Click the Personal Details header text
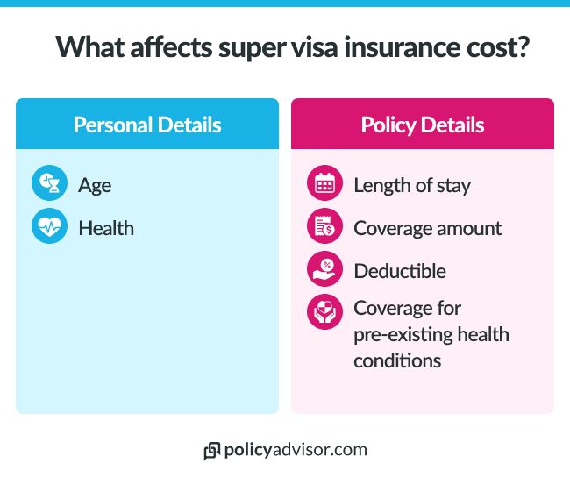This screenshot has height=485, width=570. (147, 124)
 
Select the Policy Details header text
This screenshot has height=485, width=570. (422, 124)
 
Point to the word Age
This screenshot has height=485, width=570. (95, 185)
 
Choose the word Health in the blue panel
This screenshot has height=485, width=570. (106, 228)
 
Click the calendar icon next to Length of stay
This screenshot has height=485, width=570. (324, 185)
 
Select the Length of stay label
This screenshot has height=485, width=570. (411, 185)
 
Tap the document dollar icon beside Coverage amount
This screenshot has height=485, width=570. (324, 228)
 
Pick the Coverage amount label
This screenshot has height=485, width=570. (427, 228)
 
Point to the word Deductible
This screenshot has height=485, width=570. (399, 271)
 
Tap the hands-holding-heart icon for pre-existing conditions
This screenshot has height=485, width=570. (324, 312)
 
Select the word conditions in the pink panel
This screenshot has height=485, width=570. (397, 360)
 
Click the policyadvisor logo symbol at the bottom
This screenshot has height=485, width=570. (211, 451)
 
